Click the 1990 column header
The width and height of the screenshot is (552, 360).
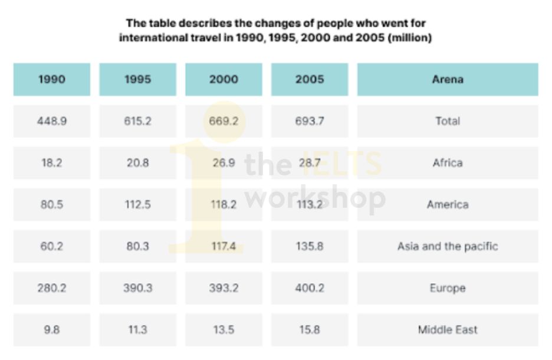pyautogui.click(x=52, y=79)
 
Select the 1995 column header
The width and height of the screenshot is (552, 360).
pyautogui.click(x=137, y=79)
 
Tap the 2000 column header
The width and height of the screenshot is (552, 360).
pyautogui.click(x=224, y=79)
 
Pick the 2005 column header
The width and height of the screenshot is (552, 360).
pyautogui.click(x=310, y=79)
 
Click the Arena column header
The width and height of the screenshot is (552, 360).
pyautogui.click(x=448, y=79)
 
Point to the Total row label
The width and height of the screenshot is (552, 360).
pyautogui.click(x=448, y=121)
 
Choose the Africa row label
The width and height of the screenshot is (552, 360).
pyautogui.click(x=448, y=163)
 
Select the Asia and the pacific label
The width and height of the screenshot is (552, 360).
pyautogui.click(x=448, y=246)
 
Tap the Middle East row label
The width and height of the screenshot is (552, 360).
pyautogui.click(x=448, y=330)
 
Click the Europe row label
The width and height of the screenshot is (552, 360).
pyautogui.click(x=448, y=288)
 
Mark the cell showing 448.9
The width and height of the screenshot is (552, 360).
pyautogui.click(x=52, y=121)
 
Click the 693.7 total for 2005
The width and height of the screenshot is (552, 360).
pyautogui.click(x=310, y=121)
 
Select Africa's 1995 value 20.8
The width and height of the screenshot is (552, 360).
pyautogui.click(x=137, y=163)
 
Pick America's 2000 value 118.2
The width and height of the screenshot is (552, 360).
pyautogui.click(x=224, y=205)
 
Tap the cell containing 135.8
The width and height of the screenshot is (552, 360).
pyautogui.click(x=310, y=246)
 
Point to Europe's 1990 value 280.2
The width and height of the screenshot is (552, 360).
pyautogui.click(x=52, y=288)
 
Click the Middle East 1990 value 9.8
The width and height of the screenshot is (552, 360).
pyautogui.click(x=52, y=330)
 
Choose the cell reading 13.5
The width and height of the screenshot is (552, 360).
pyautogui.click(x=224, y=330)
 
